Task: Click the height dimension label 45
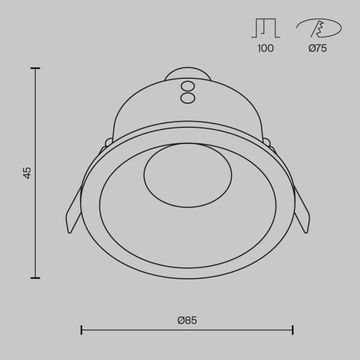click(27, 173)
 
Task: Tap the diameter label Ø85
click(187, 320)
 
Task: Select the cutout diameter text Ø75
click(317, 48)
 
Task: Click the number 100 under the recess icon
click(265, 48)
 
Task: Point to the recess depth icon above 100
click(265, 28)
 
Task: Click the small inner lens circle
click(187, 175)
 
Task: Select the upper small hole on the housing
click(187, 86)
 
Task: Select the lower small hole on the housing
click(187, 98)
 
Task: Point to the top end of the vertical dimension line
click(35, 68)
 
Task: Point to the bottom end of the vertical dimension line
click(35, 278)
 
